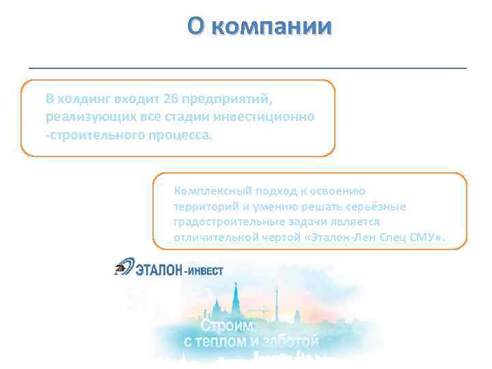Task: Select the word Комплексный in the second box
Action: click(209, 191)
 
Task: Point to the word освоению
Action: click(344, 191)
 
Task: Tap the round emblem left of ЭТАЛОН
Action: click(124, 269)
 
